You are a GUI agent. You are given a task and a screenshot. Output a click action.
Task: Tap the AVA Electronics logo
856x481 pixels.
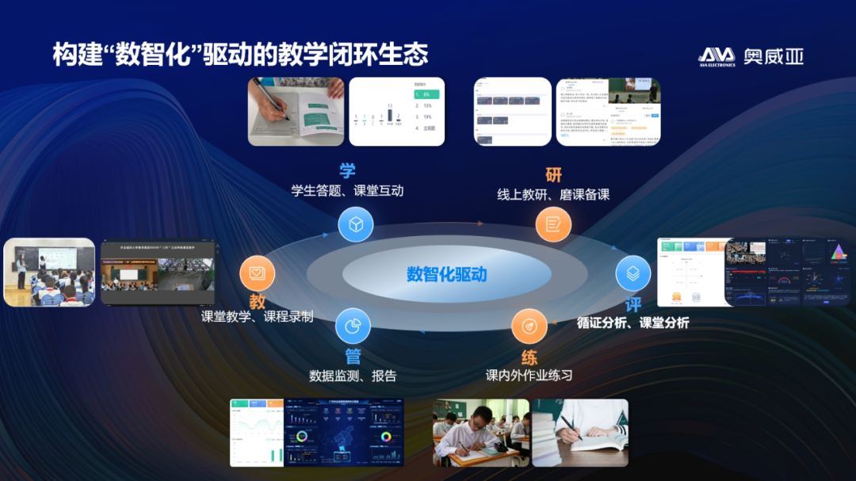(x=750, y=56)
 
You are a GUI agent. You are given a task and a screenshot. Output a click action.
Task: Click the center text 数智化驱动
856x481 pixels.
(x=446, y=275)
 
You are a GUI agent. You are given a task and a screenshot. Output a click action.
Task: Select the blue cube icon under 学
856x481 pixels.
(x=356, y=224)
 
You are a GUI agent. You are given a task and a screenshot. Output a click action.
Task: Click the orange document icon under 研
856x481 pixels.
(x=552, y=224)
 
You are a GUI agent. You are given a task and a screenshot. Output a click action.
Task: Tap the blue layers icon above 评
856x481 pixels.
(x=633, y=273)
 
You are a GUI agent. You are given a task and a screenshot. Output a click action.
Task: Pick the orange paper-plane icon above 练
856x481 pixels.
(x=529, y=326)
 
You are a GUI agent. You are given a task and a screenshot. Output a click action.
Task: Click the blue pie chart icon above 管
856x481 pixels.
(x=353, y=326)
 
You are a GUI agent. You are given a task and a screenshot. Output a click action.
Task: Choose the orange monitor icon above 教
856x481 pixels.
(x=258, y=273)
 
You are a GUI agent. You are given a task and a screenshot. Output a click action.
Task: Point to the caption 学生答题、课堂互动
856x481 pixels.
(x=347, y=191)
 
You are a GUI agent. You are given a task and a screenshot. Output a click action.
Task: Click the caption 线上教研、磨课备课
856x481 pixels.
(x=553, y=194)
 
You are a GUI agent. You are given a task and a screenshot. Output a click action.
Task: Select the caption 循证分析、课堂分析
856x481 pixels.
(x=632, y=323)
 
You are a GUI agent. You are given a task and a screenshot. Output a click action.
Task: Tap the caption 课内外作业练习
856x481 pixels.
(x=529, y=375)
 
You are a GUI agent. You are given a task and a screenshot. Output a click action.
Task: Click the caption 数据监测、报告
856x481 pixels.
(x=353, y=376)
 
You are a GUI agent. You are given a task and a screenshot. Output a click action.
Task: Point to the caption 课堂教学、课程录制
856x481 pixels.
(x=257, y=317)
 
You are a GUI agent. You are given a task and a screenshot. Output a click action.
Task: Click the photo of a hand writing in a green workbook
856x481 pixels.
(x=296, y=112)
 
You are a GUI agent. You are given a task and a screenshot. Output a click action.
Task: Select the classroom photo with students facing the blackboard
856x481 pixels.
(x=49, y=273)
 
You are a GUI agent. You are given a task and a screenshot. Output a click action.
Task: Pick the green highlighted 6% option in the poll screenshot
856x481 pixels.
(x=426, y=94)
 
